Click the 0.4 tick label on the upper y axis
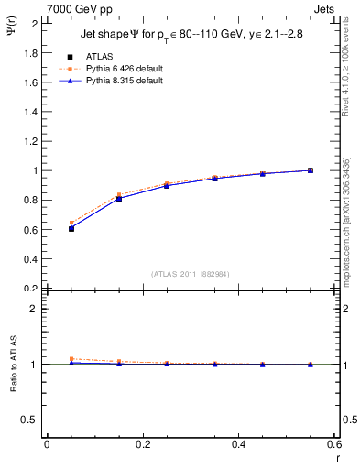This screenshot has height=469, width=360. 31,259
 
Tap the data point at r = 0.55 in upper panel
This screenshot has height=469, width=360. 311,170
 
